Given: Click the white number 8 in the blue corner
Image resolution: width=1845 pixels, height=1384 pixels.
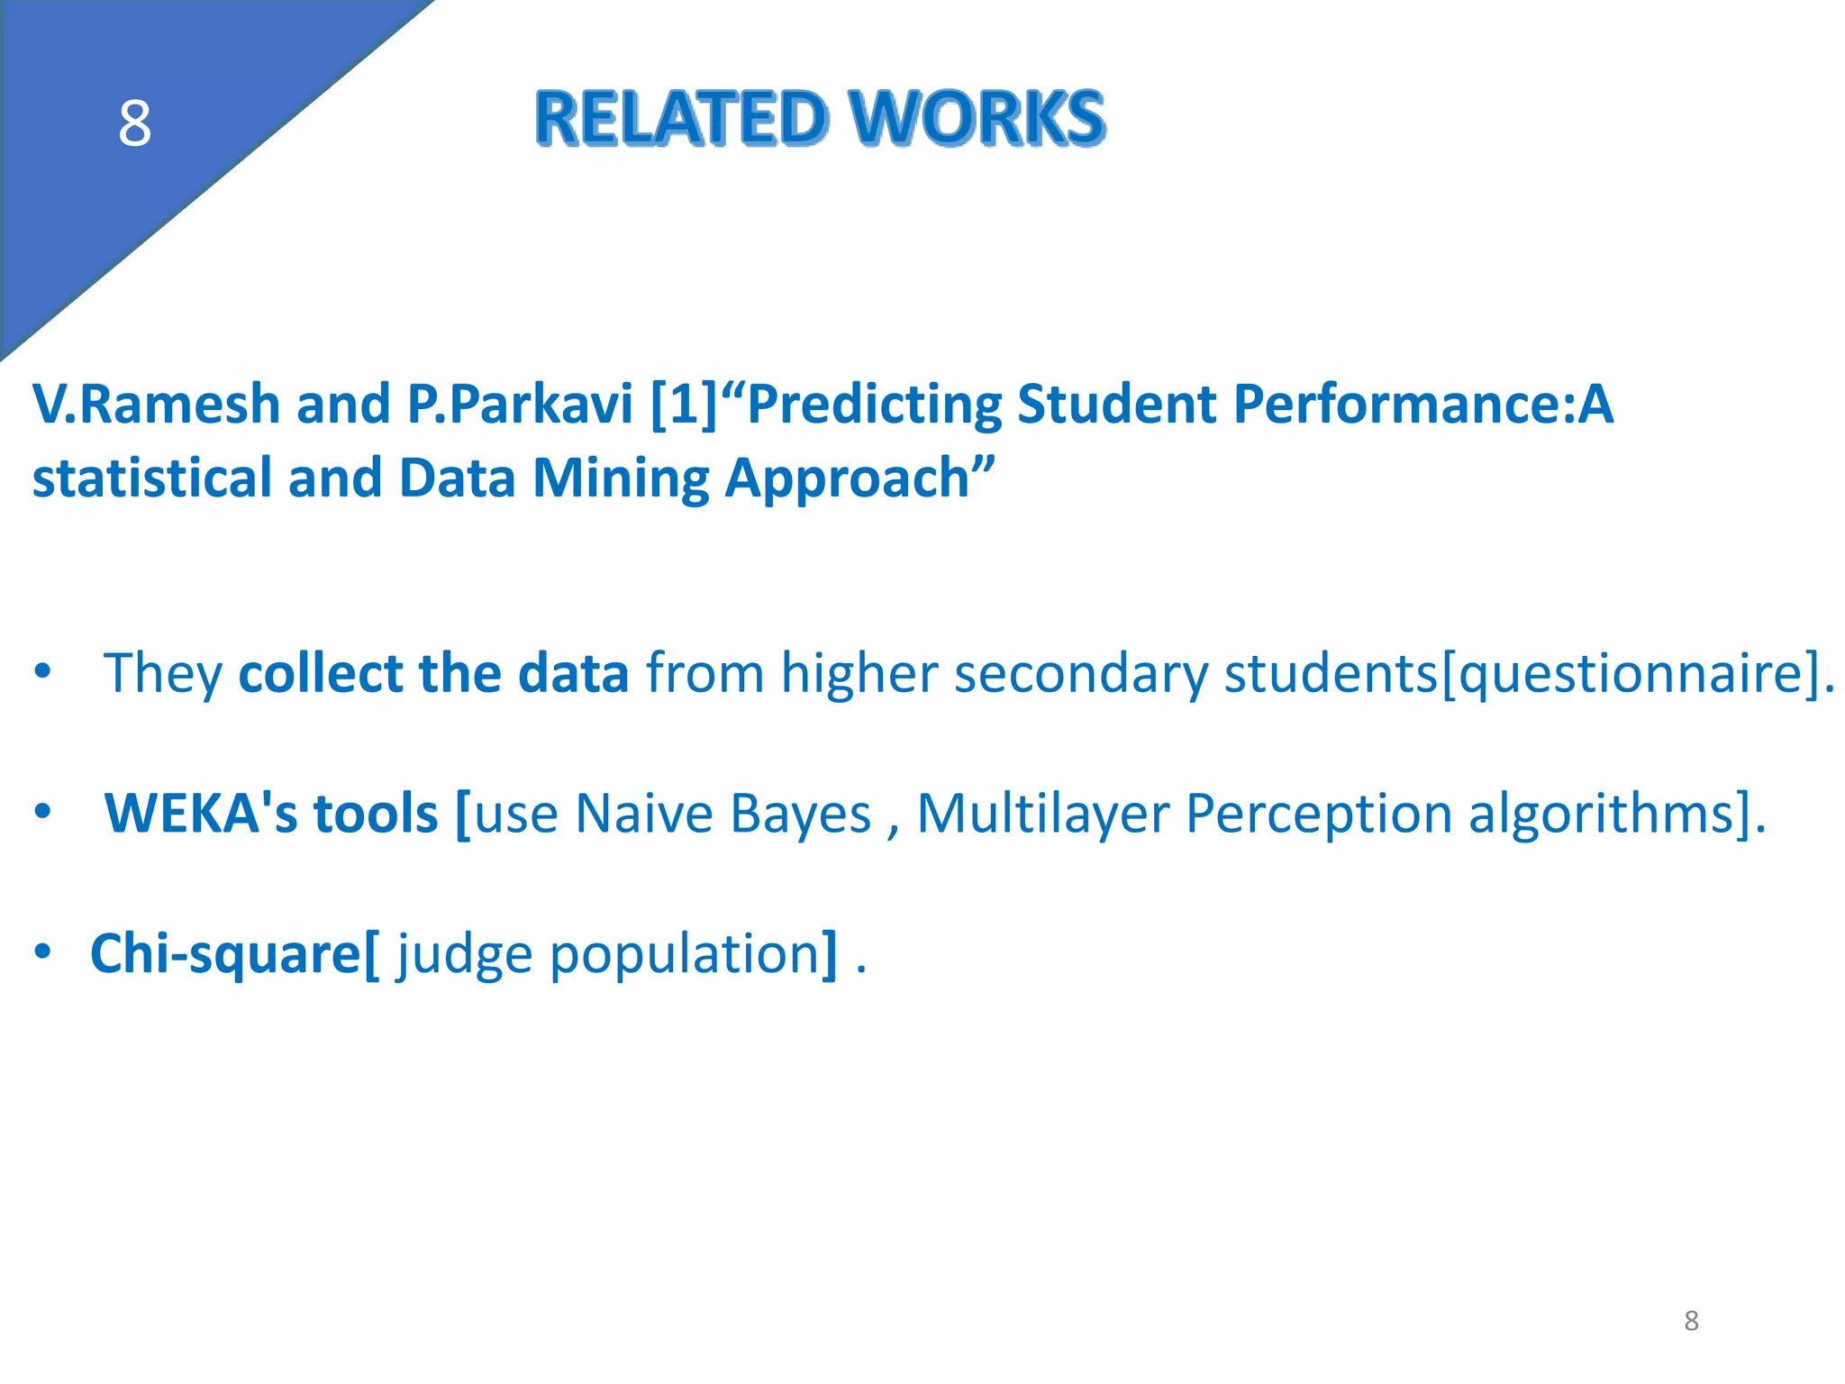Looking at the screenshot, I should pyautogui.click(x=134, y=123).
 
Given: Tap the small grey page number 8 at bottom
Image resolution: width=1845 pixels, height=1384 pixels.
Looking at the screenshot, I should pyautogui.click(x=1691, y=1321).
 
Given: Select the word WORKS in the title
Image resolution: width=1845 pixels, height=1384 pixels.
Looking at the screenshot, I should pyautogui.click(x=977, y=118).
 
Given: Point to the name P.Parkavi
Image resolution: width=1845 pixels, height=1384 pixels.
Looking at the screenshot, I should pyautogui.click(x=520, y=404).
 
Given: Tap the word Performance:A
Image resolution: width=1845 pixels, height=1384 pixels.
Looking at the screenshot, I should pyautogui.click(x=1423, y=404).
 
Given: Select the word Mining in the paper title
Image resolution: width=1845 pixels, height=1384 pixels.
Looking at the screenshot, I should pyautogui.click(x=621, y=478).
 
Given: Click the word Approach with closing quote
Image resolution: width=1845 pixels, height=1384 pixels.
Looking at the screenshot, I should pyautogui.click(x=860, y=478).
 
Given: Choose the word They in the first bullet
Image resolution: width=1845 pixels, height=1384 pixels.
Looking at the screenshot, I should pyautogui.click(x=163, y=674).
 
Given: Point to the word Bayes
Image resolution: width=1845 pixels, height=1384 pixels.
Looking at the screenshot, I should pyautogui.click(x=800, y=814).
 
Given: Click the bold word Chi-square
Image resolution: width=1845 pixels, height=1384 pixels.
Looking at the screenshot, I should pyautogui.click(x=226, y=953).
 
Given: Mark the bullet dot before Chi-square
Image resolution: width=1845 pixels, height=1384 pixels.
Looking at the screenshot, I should pyautogui.click(x=42, y=952).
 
